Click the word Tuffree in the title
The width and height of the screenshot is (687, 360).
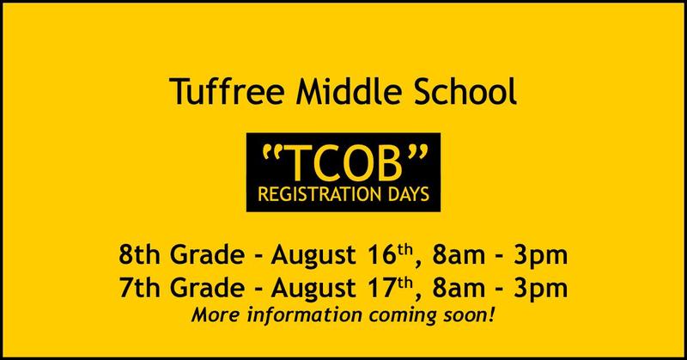228,91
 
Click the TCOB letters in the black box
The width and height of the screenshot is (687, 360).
344,162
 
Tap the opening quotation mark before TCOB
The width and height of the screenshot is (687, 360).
272,151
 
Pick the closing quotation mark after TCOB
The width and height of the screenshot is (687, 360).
416,151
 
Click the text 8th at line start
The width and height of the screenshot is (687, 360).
138,255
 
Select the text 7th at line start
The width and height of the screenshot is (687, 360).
138,288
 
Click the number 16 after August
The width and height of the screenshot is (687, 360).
381,255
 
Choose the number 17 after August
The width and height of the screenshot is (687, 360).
381,289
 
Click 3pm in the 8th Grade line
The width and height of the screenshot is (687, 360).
541,257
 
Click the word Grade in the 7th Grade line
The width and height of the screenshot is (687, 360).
207,288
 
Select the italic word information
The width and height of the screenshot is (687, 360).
305,315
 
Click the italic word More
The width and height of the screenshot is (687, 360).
216,314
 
